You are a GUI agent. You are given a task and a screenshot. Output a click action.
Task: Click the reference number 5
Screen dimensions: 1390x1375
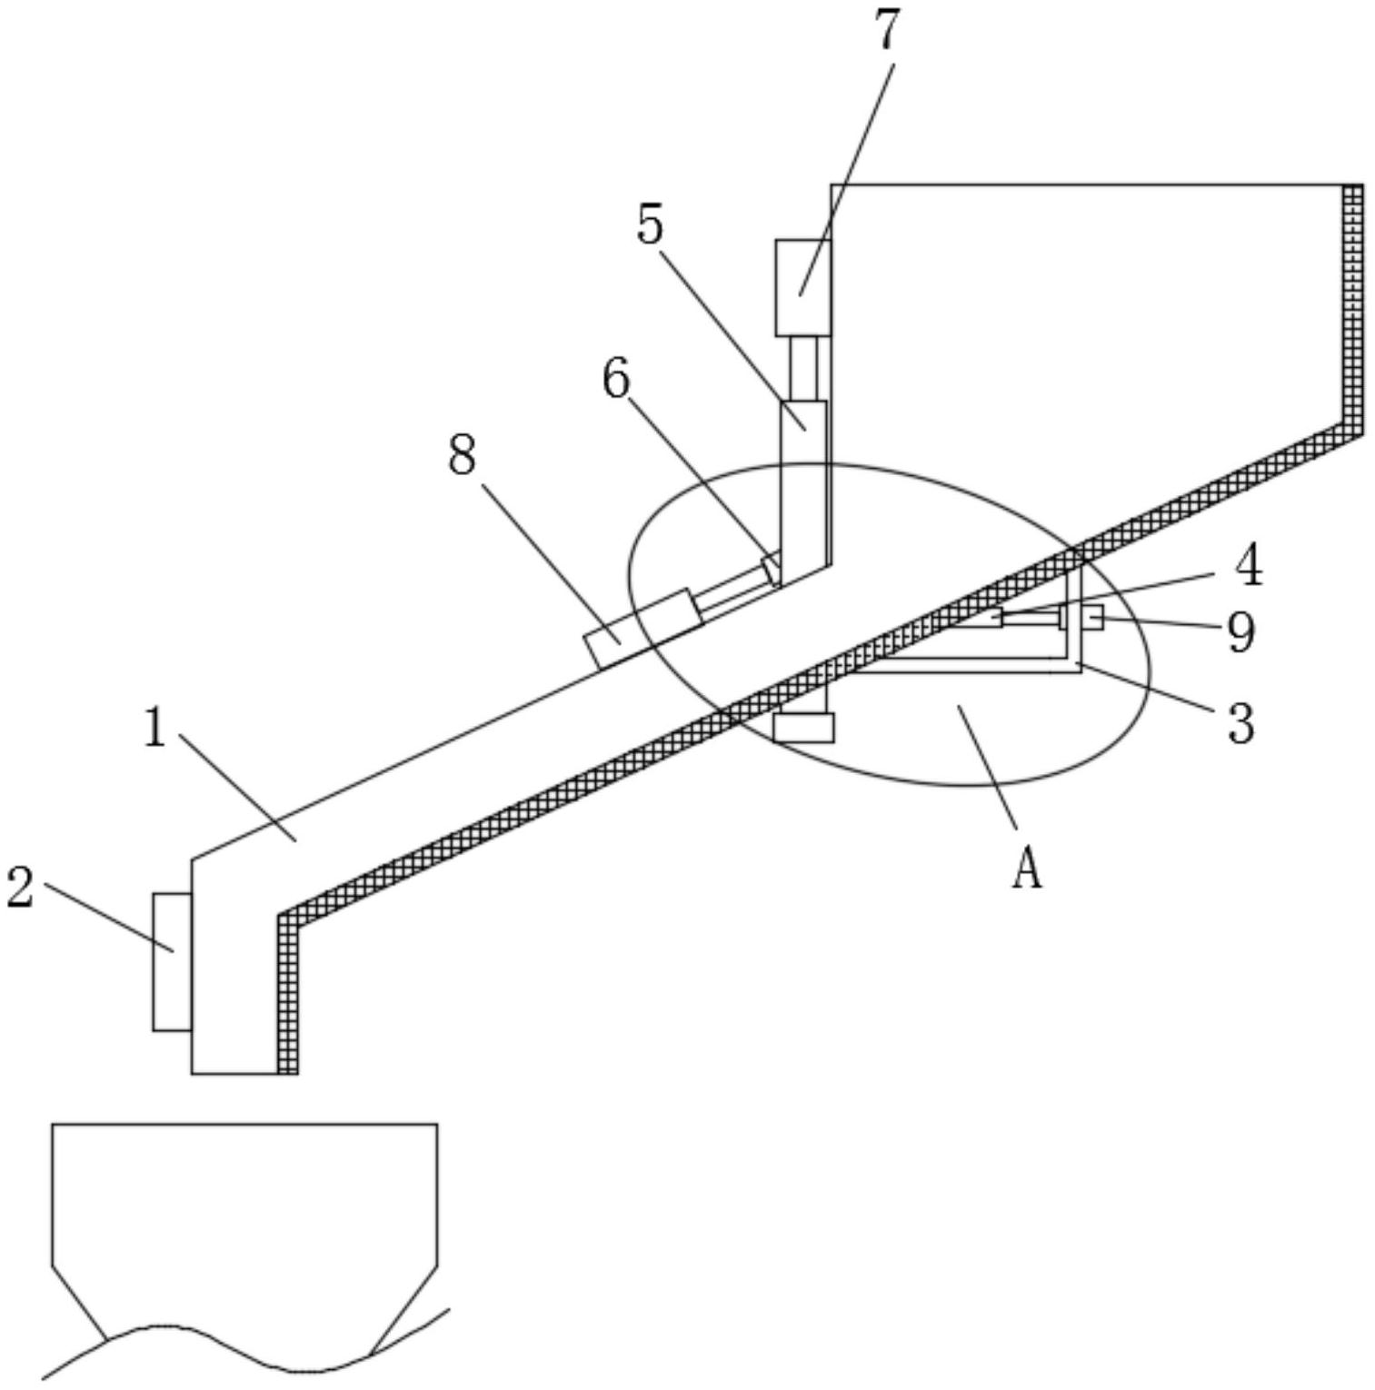[650, 224]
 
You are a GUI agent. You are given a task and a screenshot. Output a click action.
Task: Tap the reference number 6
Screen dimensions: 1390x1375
[616, 379]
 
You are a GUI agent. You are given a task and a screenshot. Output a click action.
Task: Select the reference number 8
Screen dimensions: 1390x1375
[462, 455]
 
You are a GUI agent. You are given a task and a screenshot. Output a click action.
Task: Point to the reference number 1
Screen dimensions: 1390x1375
[155, 728]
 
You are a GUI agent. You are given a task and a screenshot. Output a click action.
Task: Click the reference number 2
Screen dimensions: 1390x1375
[20, 888]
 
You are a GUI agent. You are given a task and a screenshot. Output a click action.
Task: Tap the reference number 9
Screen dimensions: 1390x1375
[1240, 631]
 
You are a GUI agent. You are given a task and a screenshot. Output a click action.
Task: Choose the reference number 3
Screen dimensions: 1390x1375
[1240, 724]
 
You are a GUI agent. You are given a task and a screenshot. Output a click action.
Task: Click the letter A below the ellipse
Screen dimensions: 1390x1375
[1027, 868]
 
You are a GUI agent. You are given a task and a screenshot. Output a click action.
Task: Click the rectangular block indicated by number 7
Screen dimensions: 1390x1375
[802, 287]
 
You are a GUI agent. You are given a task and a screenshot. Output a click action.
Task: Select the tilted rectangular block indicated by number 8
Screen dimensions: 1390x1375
[642, 627]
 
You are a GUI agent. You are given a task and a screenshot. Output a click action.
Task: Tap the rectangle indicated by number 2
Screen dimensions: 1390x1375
[172, 961]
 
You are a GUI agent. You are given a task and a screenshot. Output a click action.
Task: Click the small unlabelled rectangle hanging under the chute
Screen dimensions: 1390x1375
[803, 727]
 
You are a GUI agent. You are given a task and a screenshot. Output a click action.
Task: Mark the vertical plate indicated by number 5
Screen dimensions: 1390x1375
[804, 482]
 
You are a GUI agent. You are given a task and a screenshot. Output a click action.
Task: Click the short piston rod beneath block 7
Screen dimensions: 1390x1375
[803, 368]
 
